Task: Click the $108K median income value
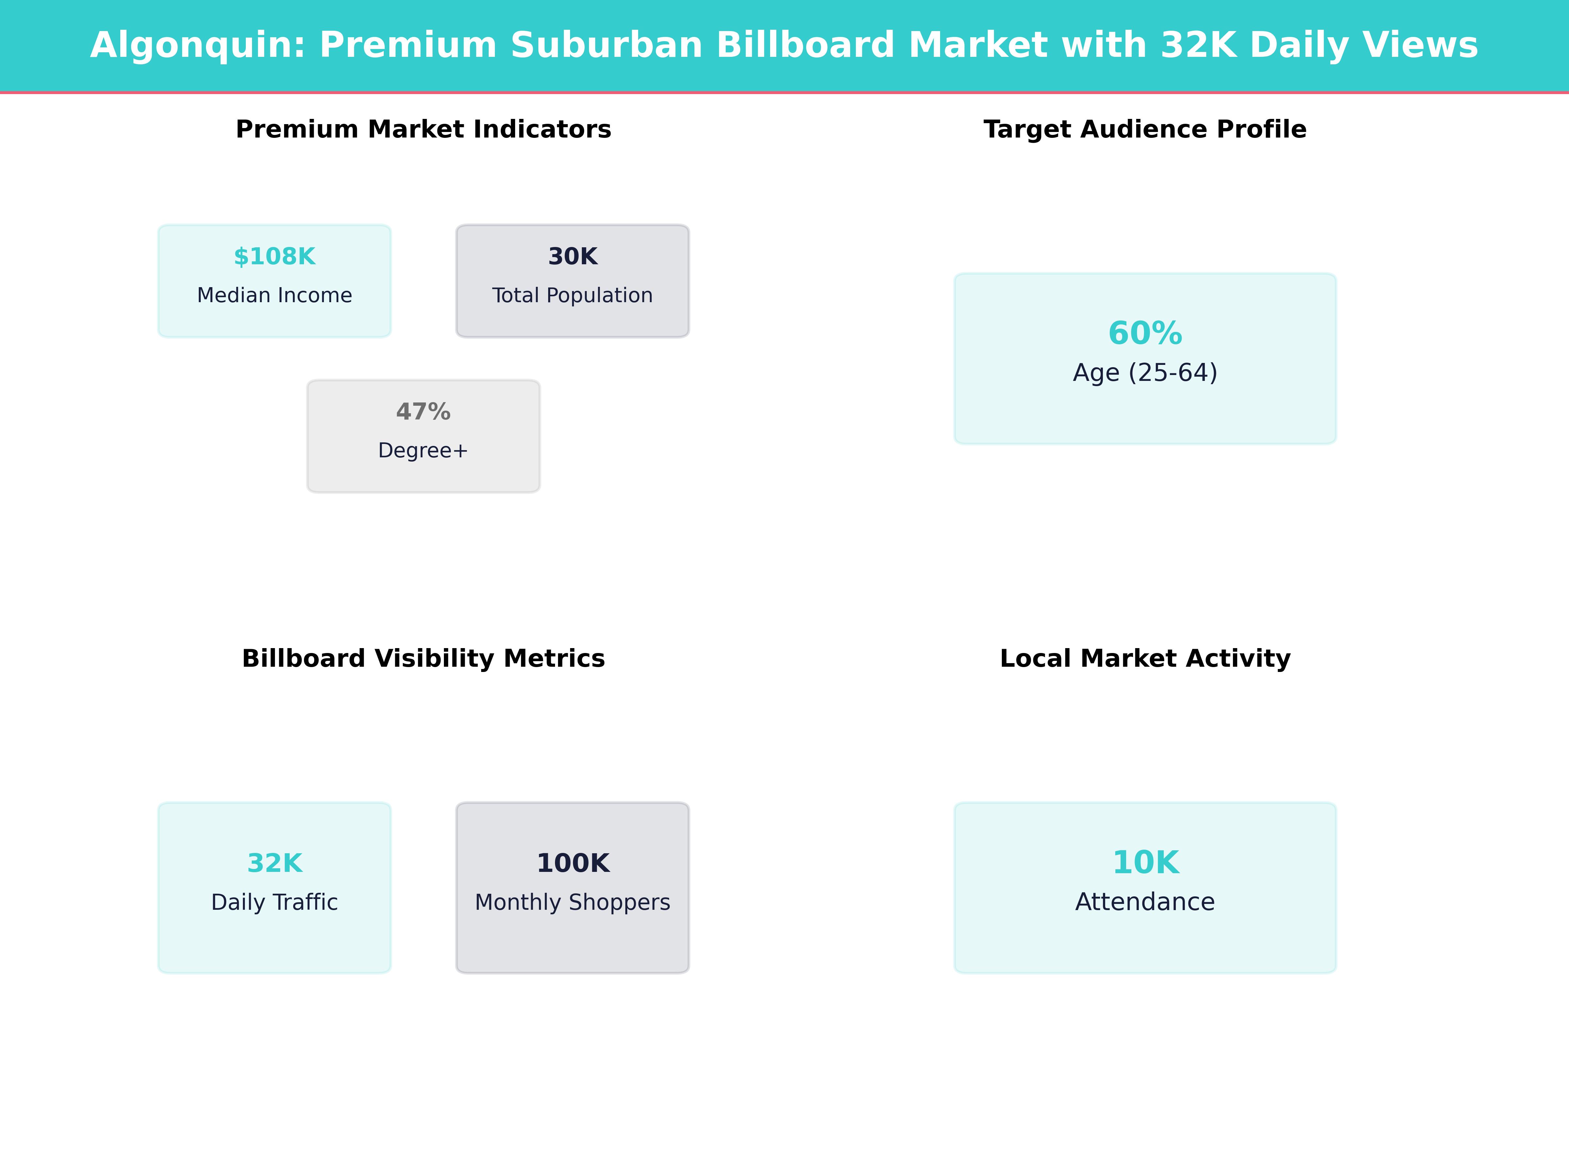point(275,257)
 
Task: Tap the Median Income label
point(275,296)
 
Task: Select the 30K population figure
point(572,257)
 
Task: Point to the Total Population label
point(572,296)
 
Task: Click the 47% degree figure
point(423,412)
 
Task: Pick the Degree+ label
point(423,451)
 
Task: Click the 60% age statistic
point(1145,333)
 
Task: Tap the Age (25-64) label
point(1145,373)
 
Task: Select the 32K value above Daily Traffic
point(275,863)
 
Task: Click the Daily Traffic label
point(275,902)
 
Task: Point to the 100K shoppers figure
point(572,863)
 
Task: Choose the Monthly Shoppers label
point(572,902)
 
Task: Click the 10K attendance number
point(1145,863)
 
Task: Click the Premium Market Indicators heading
point(423,130)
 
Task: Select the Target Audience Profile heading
point(1145,130)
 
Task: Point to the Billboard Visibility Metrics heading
point(423,659)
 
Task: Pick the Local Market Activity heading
point(1145,659)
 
